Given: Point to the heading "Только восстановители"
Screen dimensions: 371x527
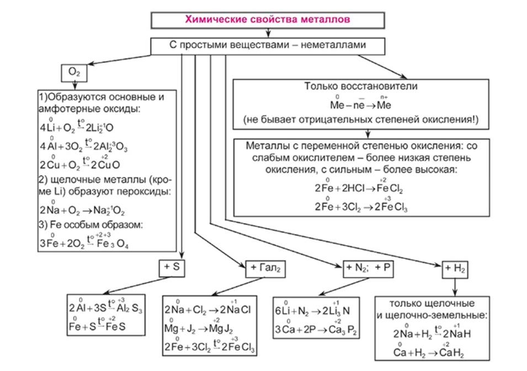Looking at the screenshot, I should (x=365, y=87).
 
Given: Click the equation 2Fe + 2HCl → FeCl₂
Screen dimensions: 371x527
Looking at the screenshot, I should (x=359, y=189).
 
